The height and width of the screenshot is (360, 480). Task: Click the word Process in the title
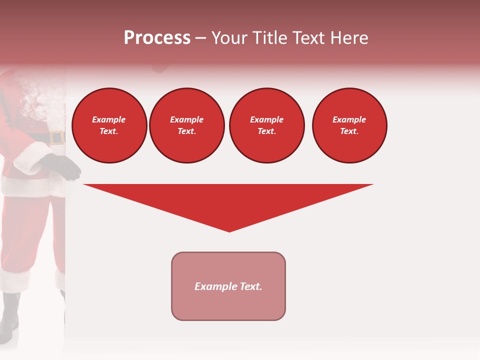point(157,38)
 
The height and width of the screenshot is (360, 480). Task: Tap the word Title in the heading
point(268,38)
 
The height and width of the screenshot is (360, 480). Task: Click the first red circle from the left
point(109,125)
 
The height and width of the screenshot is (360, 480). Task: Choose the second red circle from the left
point(187,125)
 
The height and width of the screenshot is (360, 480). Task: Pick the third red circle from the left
point(267,125)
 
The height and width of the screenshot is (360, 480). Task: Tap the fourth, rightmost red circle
point(349,125)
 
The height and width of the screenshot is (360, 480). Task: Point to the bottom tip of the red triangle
point(229,231)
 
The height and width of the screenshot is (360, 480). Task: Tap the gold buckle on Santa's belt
point(57,137)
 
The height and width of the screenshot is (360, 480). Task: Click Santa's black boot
point(10,315)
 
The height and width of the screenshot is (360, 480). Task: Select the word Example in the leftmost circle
point(109,119)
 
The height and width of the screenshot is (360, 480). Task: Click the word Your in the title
point(228,38)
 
